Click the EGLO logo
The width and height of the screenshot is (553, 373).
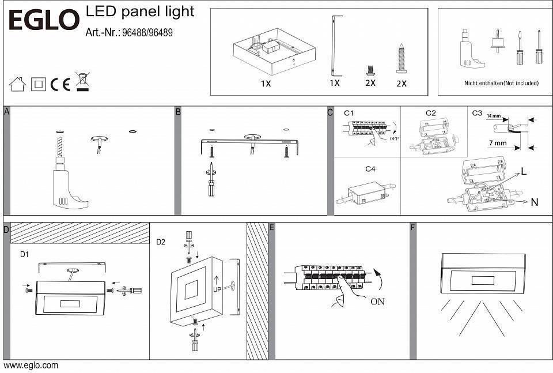[43, 21]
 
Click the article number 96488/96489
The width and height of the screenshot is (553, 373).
[147, 33]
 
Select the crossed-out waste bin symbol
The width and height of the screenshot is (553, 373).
[82, 82]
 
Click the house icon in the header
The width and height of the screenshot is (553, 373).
[17, 84]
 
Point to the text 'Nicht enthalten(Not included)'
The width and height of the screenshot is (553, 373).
[501, 83]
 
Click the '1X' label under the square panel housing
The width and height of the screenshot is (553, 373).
[266, 83]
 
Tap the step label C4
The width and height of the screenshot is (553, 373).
[370, 169]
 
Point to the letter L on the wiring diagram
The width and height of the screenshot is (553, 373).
[524, 172]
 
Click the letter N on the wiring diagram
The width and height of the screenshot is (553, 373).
[534, 202]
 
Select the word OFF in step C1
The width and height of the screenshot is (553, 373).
[394, 139]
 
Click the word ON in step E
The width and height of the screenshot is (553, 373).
[378, 301]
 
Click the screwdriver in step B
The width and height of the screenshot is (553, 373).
[212, 182]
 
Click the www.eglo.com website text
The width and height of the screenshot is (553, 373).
[31, 366]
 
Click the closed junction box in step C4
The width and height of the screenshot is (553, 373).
[366, 193]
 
